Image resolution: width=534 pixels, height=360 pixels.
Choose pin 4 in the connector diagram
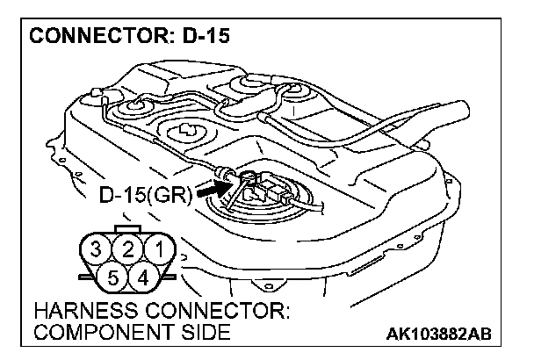[142, 278]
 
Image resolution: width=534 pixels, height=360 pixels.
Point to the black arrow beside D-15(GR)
[208, 186]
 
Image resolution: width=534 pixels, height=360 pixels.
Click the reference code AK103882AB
[439, 335]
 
